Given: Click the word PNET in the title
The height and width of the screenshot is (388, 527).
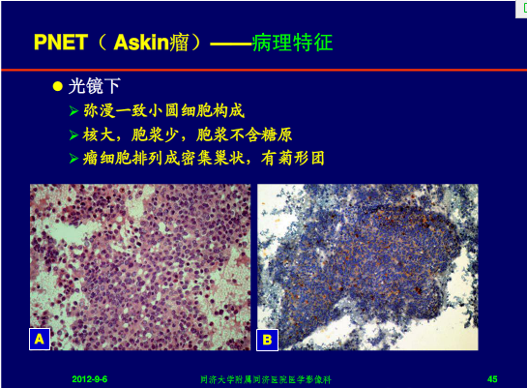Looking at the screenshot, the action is coord(61,43).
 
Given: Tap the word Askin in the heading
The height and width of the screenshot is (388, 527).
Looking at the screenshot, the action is coord(141,43).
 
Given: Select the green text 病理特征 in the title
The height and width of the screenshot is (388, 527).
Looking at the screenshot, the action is coord(293,43).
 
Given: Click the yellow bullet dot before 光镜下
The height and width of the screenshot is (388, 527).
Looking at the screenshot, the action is coord(58,86).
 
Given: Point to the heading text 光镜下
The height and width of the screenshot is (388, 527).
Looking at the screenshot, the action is coord(95,86).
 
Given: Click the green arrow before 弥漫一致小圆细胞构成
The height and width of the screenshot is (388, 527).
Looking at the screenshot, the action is coord(73,110).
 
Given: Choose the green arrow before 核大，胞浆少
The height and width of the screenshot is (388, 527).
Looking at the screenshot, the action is coord(73,134).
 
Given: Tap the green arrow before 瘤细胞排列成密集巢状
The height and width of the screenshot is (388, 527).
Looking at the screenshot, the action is coord(73,158).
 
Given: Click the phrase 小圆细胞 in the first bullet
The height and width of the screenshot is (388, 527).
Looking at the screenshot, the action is coord(180,110).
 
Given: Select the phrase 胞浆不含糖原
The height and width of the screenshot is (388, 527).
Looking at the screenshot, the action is coord(245,134).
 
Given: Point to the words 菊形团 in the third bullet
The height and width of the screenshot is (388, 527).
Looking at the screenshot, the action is coord(293,158).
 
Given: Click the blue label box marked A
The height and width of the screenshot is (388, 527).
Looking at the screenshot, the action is coord(40,339).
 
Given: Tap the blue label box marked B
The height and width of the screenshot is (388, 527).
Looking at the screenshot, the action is coord(267,340).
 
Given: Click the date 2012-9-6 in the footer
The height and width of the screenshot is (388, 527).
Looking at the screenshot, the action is coord(89,379).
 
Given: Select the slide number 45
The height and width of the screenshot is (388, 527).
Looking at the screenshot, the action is coord(492,379).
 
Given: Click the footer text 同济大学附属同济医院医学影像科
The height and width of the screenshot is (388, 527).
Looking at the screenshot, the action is coord(266,379).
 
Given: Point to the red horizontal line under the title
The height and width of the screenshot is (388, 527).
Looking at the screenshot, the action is coord(264,70).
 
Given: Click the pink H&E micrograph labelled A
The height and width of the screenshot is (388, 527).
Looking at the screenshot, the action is coord(140,267).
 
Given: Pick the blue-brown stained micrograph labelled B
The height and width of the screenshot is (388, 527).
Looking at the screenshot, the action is coord(367,267).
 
